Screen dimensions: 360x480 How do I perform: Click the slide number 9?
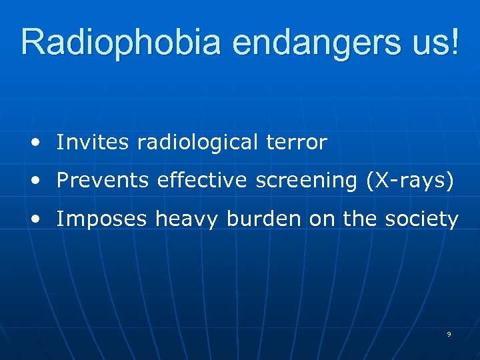[449, 333]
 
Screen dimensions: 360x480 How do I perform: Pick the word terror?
[303, 142]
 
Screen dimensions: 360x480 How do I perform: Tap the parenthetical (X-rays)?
[409, 181]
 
